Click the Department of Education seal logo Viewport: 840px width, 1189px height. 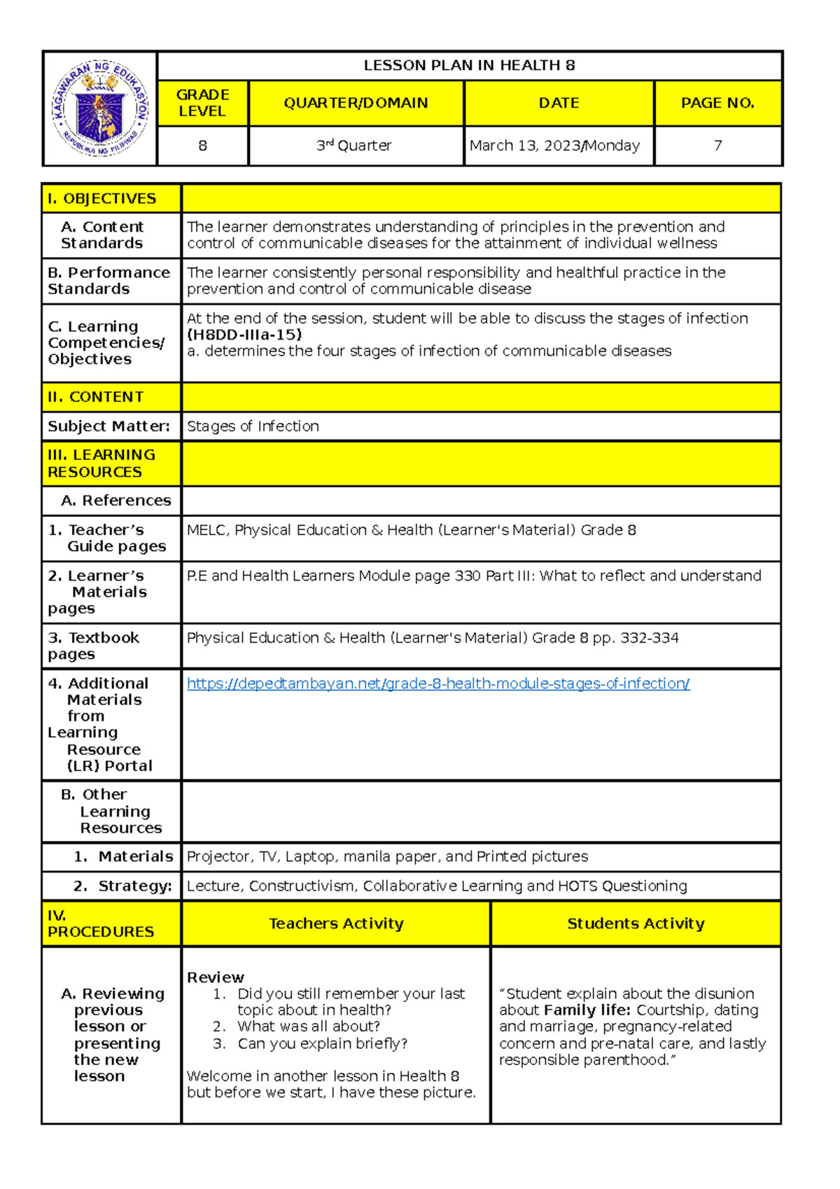click(99, 108)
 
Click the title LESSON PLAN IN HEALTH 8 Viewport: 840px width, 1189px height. click(469, 66)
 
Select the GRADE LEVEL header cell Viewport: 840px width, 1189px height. click(202, 103)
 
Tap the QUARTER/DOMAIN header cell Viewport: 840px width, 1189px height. click(356, 103)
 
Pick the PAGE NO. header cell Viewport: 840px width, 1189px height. click(717, 103)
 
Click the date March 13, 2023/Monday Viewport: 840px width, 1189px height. click(554, 146)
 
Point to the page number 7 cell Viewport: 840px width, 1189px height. click(717, 146)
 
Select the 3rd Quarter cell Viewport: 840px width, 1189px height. click(354, 146)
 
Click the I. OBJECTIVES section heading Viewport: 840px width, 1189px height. click(102, 199)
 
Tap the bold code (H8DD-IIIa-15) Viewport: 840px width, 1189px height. click(244, 335)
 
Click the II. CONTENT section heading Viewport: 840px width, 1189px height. click(96, 397)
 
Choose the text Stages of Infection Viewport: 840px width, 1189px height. click(253, 426)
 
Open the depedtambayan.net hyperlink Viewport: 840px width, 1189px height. click(438, 683)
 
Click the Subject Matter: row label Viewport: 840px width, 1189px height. click(108, 426)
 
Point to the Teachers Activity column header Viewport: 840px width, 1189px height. click(336, 924)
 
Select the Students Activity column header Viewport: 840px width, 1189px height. click(636, 924)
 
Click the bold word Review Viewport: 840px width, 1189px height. click(216, 978)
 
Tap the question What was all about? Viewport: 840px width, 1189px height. click(308, 1027)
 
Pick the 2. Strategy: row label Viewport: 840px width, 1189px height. click(122, 886)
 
